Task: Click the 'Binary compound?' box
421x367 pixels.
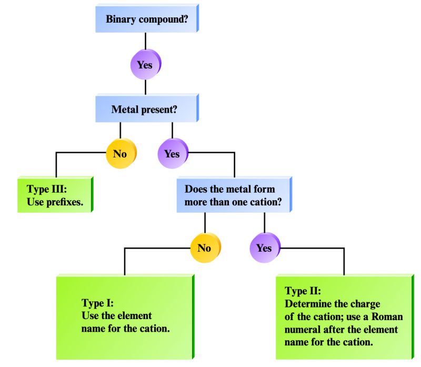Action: tap(145, 20)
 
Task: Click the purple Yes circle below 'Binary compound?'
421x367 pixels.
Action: tap(145, 65)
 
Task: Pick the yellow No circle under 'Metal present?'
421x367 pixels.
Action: tap(120, 154)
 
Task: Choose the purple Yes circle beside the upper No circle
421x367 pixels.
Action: tap(172, 154)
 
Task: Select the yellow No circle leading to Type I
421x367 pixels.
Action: tap(204, 247)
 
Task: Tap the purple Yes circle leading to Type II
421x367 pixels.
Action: tap(264, 247)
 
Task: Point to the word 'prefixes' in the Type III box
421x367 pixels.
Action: tap(65, 202)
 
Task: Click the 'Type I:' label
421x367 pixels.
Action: tap(97, 303)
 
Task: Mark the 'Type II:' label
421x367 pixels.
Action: tap(303, 291)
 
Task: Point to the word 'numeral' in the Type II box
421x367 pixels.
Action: tap(302, 329)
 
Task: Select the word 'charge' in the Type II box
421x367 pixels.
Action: tap(366, 304)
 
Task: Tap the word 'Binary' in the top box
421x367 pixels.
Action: tap(122, 20)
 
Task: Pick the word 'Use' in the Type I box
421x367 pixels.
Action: tap(90, 316)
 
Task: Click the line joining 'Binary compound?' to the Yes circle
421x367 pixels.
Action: tap(145, 42)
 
